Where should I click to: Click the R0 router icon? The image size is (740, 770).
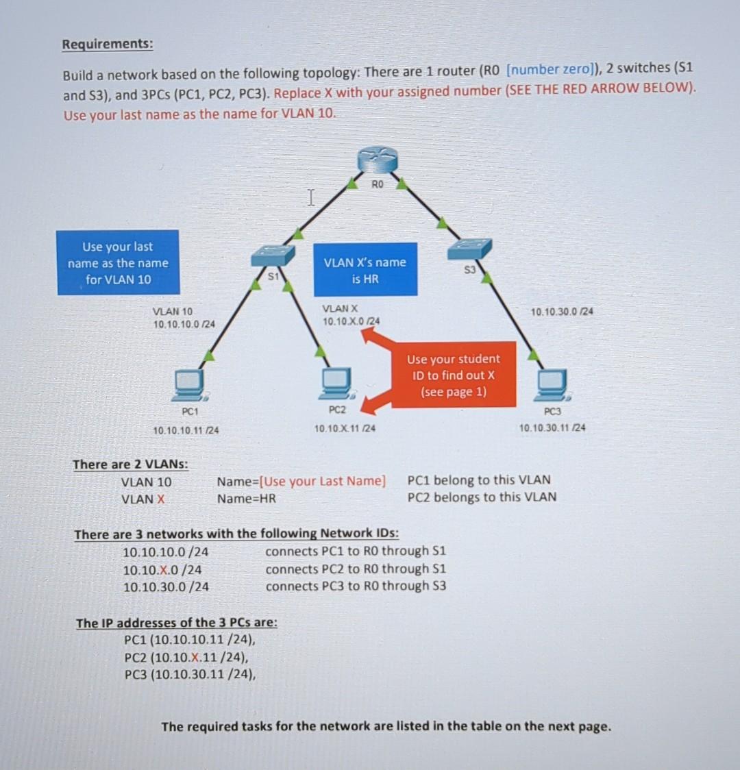(x=378, y=161)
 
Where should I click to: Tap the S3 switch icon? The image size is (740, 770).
(x=469, y=249)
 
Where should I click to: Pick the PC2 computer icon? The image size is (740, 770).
(x=336, y=384)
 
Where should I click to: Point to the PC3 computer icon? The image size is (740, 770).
(x=552, y=386)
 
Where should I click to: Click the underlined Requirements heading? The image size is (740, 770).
(x=108, y=45)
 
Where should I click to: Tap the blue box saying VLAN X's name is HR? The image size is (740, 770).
(x=365, y=270)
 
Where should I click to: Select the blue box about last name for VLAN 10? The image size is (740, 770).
(x=118, y=263)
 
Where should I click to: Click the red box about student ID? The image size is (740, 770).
(x=454, y=375)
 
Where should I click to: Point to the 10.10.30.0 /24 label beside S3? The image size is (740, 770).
(x=562, y=312)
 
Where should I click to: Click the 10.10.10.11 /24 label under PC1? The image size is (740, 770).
(x=186, y=430)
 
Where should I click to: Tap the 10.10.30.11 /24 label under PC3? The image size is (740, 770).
(x=552, y=428)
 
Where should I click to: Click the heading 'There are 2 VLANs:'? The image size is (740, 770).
(x=131, y=464)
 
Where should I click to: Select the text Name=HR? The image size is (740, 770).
(x=247, y=499)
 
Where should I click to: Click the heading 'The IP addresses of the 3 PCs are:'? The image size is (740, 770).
(x=177, y=623)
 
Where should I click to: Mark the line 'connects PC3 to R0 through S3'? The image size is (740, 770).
(x=356, y=586)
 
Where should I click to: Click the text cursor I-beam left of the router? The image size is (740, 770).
(x=310, y=199)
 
